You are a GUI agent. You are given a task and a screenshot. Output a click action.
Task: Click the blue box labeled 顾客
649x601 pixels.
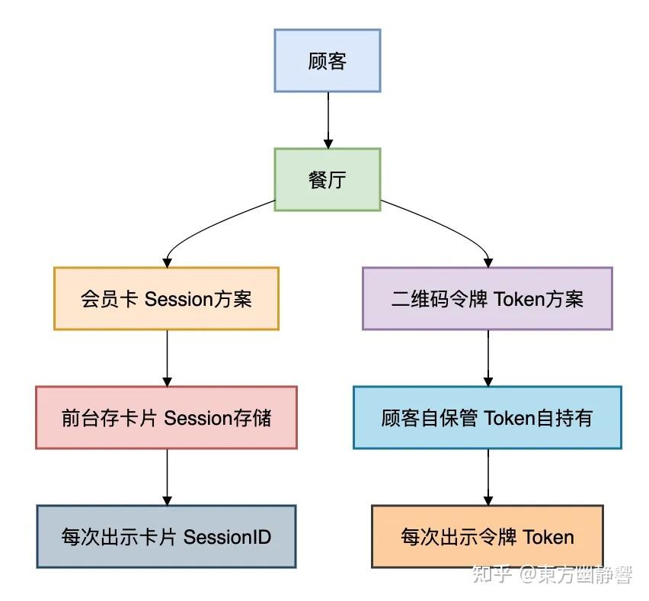328,61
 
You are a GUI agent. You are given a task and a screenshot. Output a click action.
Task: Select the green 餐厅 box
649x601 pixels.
328,180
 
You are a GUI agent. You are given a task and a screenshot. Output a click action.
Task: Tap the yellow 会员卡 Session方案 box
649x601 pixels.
166,299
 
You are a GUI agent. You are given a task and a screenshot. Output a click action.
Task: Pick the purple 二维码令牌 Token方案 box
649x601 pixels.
488,299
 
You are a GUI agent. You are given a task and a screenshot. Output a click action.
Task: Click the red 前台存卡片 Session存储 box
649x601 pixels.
166,418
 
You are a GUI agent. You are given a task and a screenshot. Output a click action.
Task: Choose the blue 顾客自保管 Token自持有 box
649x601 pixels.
488,418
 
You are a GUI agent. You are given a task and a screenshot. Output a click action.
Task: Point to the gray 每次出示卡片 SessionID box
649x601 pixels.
166,537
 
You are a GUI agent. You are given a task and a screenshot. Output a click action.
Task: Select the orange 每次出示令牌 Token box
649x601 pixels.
488,537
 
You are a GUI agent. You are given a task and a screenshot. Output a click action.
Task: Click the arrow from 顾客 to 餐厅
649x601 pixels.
328,120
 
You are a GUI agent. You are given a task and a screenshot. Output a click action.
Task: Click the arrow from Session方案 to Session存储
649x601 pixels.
167,358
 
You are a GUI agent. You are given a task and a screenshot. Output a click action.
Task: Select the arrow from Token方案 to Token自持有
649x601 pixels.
488,358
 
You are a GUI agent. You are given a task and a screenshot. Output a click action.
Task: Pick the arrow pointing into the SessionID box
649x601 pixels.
167,477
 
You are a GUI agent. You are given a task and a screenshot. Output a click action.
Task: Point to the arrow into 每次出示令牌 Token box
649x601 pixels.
488,477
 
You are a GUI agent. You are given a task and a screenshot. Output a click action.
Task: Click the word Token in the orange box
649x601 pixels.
548,537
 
